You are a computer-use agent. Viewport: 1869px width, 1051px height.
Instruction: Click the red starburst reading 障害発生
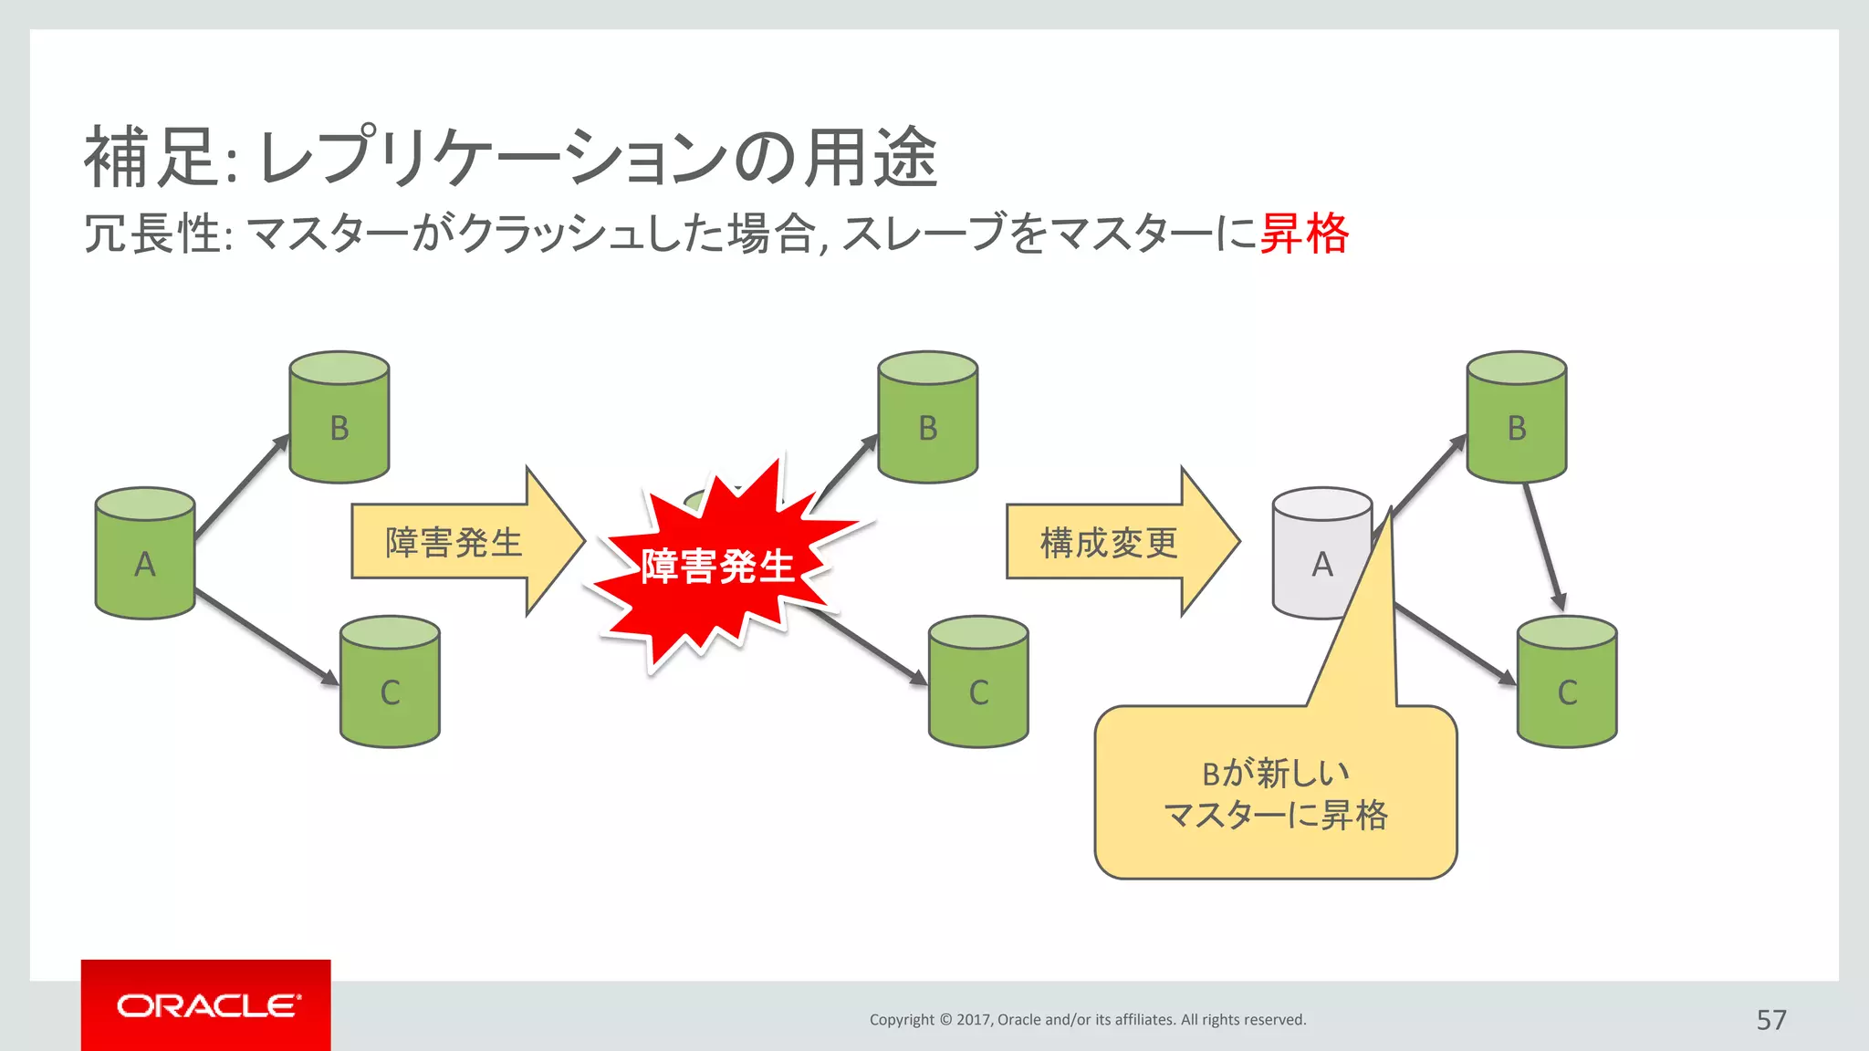(x=717, y=566)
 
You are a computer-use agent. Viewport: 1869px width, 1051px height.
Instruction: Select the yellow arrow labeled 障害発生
(x=456, y=542)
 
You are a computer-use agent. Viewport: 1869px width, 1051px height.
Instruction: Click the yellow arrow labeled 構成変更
(x=1112, y=542)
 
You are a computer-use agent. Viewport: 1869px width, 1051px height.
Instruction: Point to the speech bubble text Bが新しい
(x=1275, y=774)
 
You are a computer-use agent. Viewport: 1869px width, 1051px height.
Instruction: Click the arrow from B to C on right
(x=1543, y=547)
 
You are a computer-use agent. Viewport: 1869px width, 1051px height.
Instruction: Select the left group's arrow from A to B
(x=242, y=486)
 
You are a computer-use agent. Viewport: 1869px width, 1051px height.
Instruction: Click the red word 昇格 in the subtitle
(x=1303, y=234)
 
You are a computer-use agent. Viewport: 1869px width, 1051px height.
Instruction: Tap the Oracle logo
(x=206, y=1005)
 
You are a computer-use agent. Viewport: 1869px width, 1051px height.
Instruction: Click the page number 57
(x=1770, y=1019)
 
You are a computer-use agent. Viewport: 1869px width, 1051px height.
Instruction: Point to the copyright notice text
(x=1087, y=1019)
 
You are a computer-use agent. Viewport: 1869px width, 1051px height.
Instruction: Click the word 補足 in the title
(x=151, y=157)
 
